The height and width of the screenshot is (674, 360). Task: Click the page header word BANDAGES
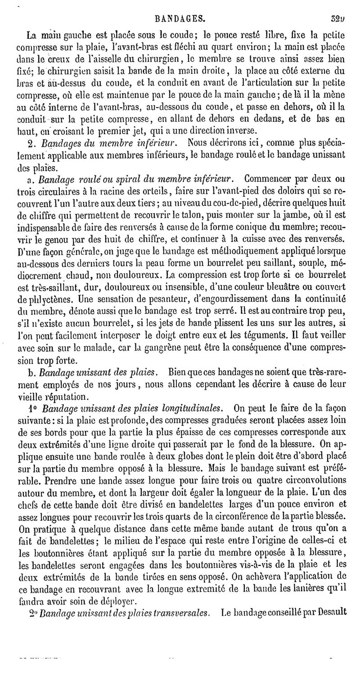pos(180,19)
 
